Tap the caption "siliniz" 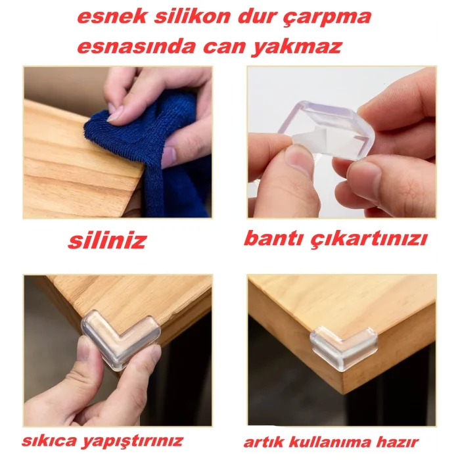pos(107,241)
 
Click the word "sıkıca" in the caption pos(50,440)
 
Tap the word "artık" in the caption pos(263,442)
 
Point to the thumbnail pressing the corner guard pos(85,348)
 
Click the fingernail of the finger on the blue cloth pos(116,115)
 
